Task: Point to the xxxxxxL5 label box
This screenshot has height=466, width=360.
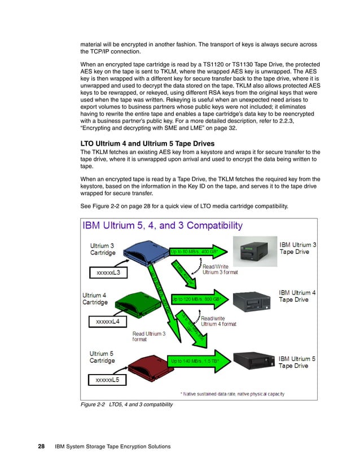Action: click(x=107, y=380)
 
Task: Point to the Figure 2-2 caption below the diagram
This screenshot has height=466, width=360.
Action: click(x=127, y=404)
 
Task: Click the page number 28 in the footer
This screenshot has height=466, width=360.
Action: click(x=41, y=447)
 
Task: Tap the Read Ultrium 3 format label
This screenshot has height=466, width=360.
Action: click(x=149, y=336)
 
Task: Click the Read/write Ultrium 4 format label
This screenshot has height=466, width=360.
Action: click(x=218, y=321)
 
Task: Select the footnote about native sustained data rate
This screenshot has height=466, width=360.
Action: click(x=232, y=393)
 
